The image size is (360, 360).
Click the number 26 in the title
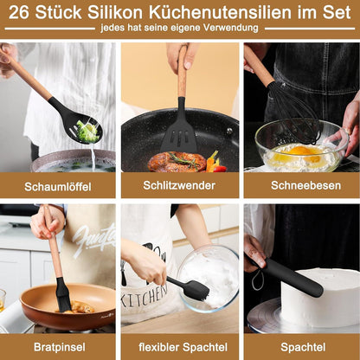pos(19,12)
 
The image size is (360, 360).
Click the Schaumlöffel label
pos(58,187)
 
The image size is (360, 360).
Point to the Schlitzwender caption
pos(179,185)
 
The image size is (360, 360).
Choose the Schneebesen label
pos(305,185)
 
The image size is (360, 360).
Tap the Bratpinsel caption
pos(60,347)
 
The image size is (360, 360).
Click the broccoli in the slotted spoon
pos(87,132)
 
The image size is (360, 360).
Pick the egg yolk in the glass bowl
pos(301,151)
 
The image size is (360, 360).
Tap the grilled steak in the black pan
pos(177,162)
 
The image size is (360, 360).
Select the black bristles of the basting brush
pos(63,295)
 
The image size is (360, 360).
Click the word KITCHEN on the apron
pos(145,295)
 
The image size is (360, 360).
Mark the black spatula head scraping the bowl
pos(196,290)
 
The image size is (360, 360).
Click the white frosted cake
pos(320,297)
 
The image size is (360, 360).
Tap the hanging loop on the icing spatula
pos(257,280)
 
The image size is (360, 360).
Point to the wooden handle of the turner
pos(182,71)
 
